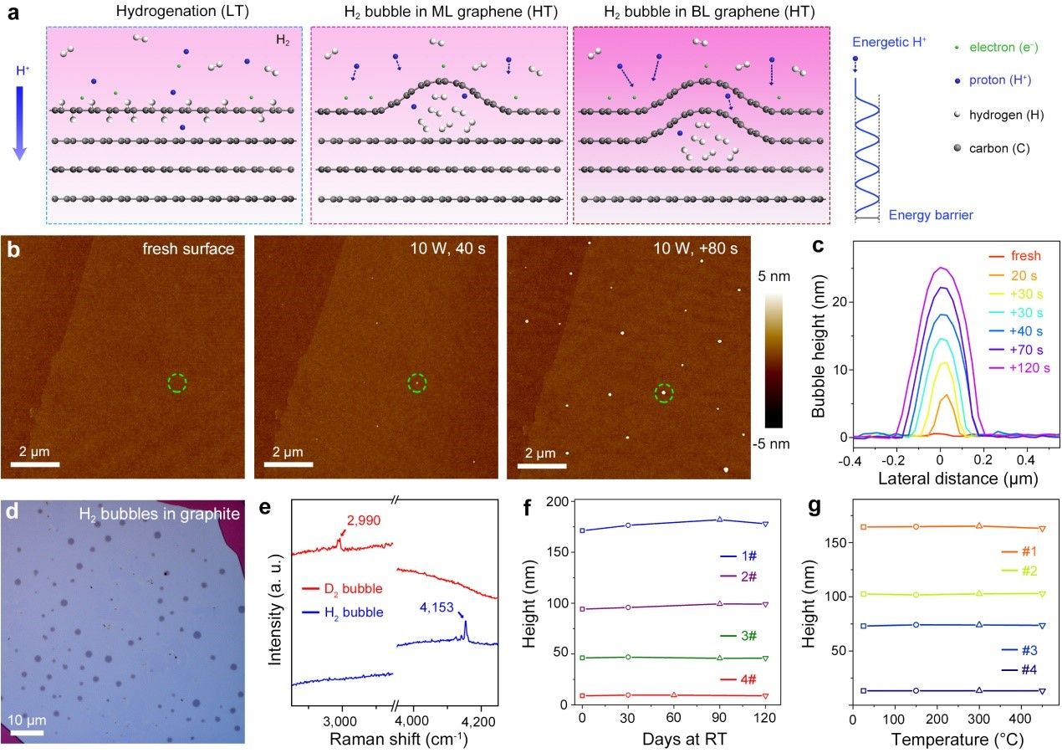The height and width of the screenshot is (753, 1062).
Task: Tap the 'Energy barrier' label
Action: point(931,216)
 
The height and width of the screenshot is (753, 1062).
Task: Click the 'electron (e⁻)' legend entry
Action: point(1004,48)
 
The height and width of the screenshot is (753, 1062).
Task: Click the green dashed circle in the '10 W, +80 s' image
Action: point(664,392)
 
